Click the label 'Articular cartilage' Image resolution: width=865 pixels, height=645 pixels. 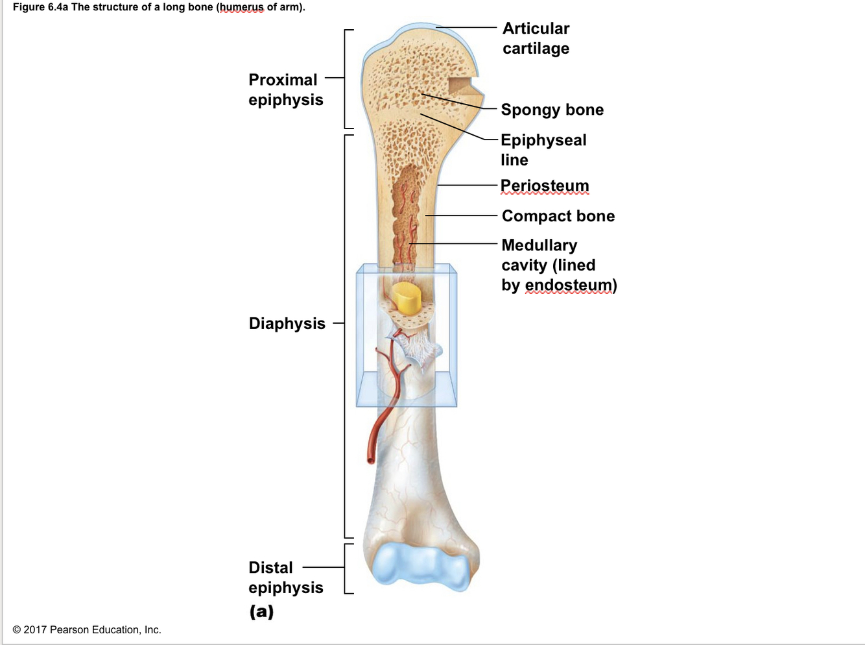(536, 38)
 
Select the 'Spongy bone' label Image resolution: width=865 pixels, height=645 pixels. (552, 110)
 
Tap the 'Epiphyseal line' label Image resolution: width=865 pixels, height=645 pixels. (543, 150)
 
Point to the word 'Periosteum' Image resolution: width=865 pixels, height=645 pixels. (545, 186)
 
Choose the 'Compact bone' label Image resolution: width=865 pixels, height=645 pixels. (558, 216)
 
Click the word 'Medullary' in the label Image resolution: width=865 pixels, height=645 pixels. (539, 245)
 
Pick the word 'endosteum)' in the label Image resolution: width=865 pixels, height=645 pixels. (571, 285)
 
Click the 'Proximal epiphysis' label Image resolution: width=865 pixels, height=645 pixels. (285, 90)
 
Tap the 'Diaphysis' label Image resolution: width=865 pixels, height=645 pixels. (287, 323)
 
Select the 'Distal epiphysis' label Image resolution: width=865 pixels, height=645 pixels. (285, 578)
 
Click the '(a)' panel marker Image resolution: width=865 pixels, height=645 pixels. (262, 611)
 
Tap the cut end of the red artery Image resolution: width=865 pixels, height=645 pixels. (370, 459)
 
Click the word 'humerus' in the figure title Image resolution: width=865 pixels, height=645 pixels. (242, 7)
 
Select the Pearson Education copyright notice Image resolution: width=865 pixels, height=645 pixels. (87, 629)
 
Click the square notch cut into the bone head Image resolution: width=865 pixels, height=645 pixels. (462, 86)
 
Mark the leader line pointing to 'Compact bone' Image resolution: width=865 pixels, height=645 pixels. (460, 215)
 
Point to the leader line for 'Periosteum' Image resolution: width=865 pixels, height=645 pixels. (467, 186)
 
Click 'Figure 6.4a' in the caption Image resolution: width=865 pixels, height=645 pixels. (40, 7)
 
